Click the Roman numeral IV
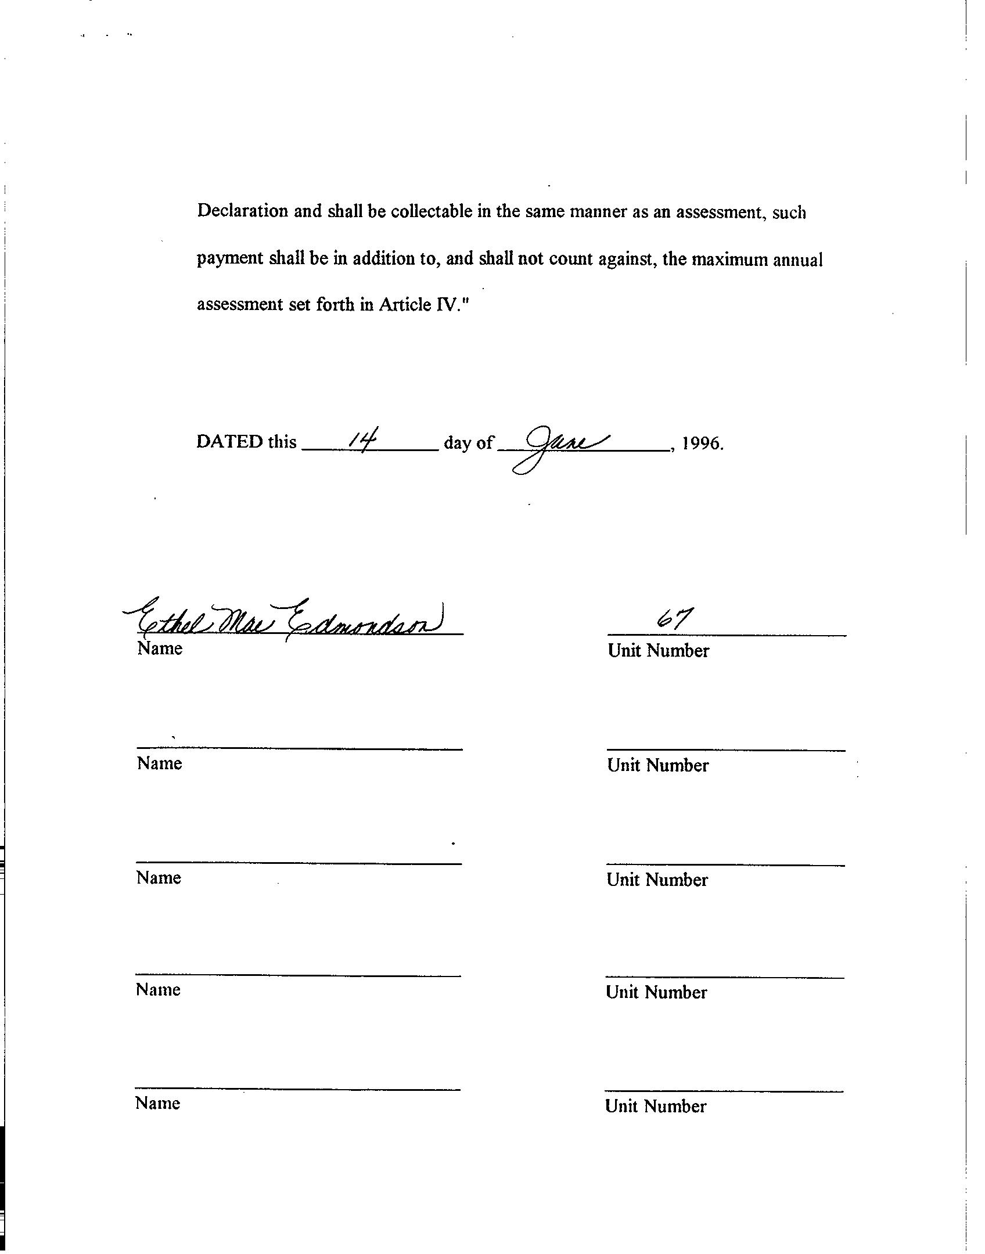(446, 304)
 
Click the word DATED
(229, 442)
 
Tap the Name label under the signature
(160, 648)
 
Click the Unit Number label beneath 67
(658, 650)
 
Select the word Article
(405, 304)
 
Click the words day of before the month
(468, 443)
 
